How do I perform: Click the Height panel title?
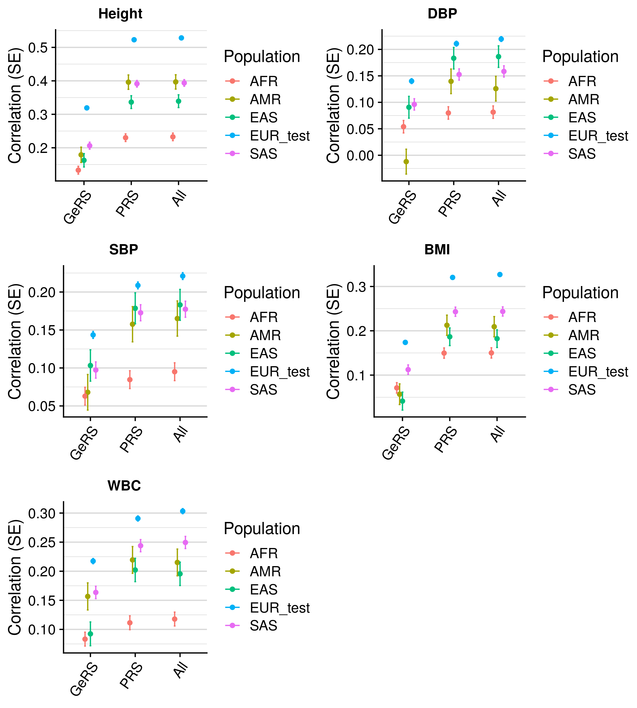[120, 14]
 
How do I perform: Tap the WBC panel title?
[124, 486]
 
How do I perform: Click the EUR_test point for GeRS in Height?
[87, 108]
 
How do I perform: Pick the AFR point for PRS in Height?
[126, 138]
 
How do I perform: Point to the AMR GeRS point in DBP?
[406, 161]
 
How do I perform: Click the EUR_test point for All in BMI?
[500, 274]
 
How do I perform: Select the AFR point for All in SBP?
[175, 372]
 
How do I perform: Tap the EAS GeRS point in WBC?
[90, 634]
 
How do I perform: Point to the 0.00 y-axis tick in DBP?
[360, 155]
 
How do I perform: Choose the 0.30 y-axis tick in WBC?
[42, 514]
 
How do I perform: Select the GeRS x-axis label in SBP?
[84, 443]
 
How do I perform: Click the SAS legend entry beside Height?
[263, 154]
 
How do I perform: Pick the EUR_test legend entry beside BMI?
[598, 372]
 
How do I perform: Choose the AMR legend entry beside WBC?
[265, 572]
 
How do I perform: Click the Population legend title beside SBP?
[262, 293]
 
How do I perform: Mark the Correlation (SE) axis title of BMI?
[333, 341]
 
